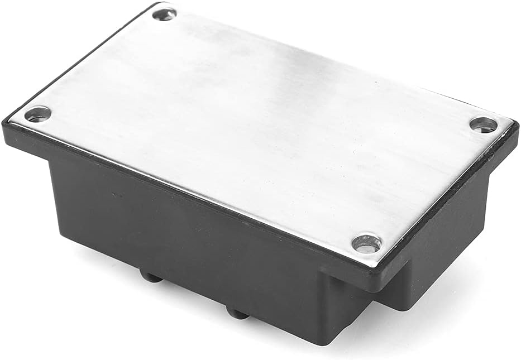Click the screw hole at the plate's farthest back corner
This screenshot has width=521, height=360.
[164, 15]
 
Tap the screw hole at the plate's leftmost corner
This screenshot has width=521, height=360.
[38, 114]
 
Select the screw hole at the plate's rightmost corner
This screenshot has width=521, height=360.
[483, 124]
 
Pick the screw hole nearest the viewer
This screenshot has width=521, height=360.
[366, 243]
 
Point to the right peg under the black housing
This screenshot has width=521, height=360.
[238, 312]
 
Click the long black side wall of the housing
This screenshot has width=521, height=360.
[184, 234]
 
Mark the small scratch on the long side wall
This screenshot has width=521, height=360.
[116, 195]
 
